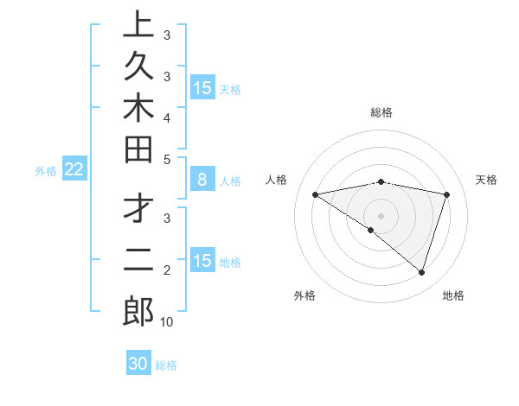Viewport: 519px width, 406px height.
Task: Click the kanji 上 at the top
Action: pyautogui.click(x=138, y=26)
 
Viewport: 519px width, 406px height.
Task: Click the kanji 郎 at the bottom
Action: pyautogui.click(x=138, y=311)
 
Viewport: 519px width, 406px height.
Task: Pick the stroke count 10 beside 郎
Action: pyautogui.click(x=167, y=322)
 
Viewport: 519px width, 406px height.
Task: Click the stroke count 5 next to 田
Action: pyautogui.click(x=167, y=160)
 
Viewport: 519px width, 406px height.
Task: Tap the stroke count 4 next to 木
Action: pyautogui.click(x=167, y=117)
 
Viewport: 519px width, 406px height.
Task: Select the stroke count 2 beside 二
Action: pyautogui.click(x=167, y=270)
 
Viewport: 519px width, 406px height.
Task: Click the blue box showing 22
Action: pyautogui.click(x=74, y=170)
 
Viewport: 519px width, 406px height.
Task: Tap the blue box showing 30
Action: pyautogui.click(x=138, y=365)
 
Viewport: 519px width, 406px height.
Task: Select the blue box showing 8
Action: pyautogui.click(x=202, y=181)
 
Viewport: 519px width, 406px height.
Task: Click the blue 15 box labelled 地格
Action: pyautogui.click(x=202, y=262)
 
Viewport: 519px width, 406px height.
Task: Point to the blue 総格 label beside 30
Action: pyautogui.click(x=166, y=365)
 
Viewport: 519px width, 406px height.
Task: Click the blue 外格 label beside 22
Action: pyautogui.click(x=46, y=171)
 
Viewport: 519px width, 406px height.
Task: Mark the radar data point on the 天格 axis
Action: pyautogui.click(x=446, y=194)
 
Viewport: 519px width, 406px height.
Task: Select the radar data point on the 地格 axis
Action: pyautogui.click(x=421, y=272)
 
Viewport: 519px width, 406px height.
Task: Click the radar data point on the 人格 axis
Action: pyautogui.click(x=315, y=194)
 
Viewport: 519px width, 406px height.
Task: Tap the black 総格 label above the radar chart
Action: pyautogui.click(x=381, y=112)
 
